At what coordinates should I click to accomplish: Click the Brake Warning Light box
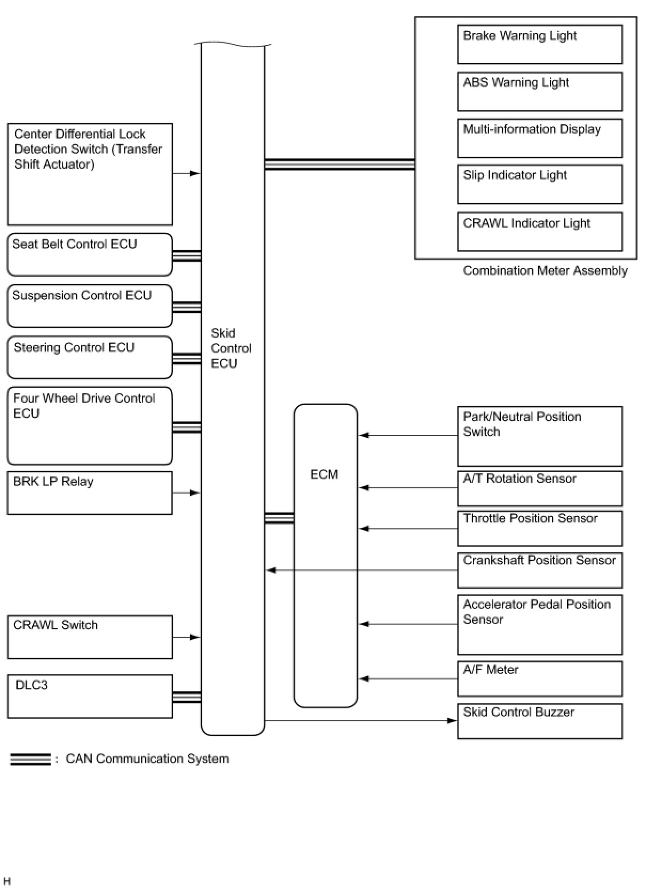(539, 44)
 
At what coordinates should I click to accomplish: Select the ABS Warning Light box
(539, 91)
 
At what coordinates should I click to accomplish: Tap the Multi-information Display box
(539, 138)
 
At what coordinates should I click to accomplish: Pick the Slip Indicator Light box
(539, 184)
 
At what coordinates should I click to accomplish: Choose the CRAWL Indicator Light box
(539, 231)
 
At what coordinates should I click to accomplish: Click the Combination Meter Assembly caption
(545, 271)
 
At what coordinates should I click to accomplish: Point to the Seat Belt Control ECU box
(89, 254)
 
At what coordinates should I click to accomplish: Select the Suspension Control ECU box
(89, 306)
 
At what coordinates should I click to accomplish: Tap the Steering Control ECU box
(89, 357)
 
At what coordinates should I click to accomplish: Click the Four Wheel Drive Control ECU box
(89, 425)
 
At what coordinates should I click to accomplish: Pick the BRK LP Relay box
(89, 493)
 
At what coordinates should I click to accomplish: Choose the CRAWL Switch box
(89, 637)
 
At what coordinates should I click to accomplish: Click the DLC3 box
(89, 696)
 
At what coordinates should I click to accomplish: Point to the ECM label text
(324, 474)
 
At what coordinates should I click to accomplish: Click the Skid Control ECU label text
(231, 348)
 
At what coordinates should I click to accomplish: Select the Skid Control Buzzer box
(539, 721)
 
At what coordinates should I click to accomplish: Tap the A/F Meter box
(539, 678)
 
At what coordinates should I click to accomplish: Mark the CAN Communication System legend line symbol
(30, 759)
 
